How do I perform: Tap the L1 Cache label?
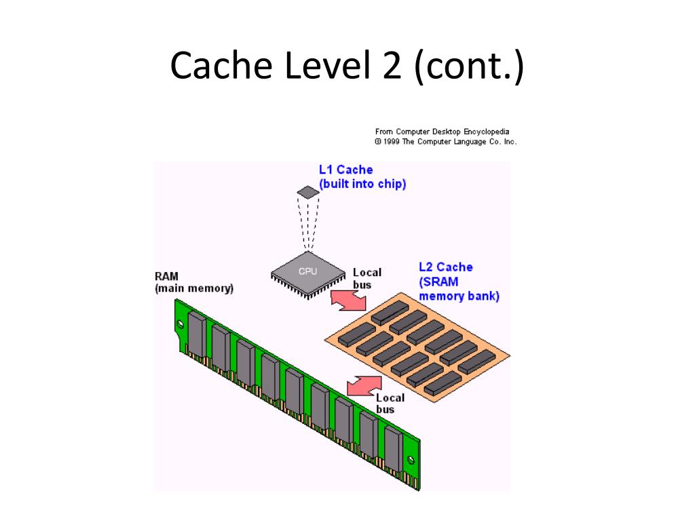click(345, 170)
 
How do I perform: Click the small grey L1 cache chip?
click(308, 192)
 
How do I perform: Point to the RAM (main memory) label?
click(194, 282)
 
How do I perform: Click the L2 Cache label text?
click(445, 267)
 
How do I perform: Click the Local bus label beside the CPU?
click(367, 278)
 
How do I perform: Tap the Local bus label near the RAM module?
click(390, 404)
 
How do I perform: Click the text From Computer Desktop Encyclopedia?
click(442, 132)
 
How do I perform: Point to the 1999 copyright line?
click(445, 142)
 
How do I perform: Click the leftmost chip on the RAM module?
click(196, 333)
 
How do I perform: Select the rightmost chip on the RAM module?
click(392, 448)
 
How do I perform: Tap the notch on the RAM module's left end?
click(179, 325)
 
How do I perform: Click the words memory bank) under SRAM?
click(459, 296)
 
